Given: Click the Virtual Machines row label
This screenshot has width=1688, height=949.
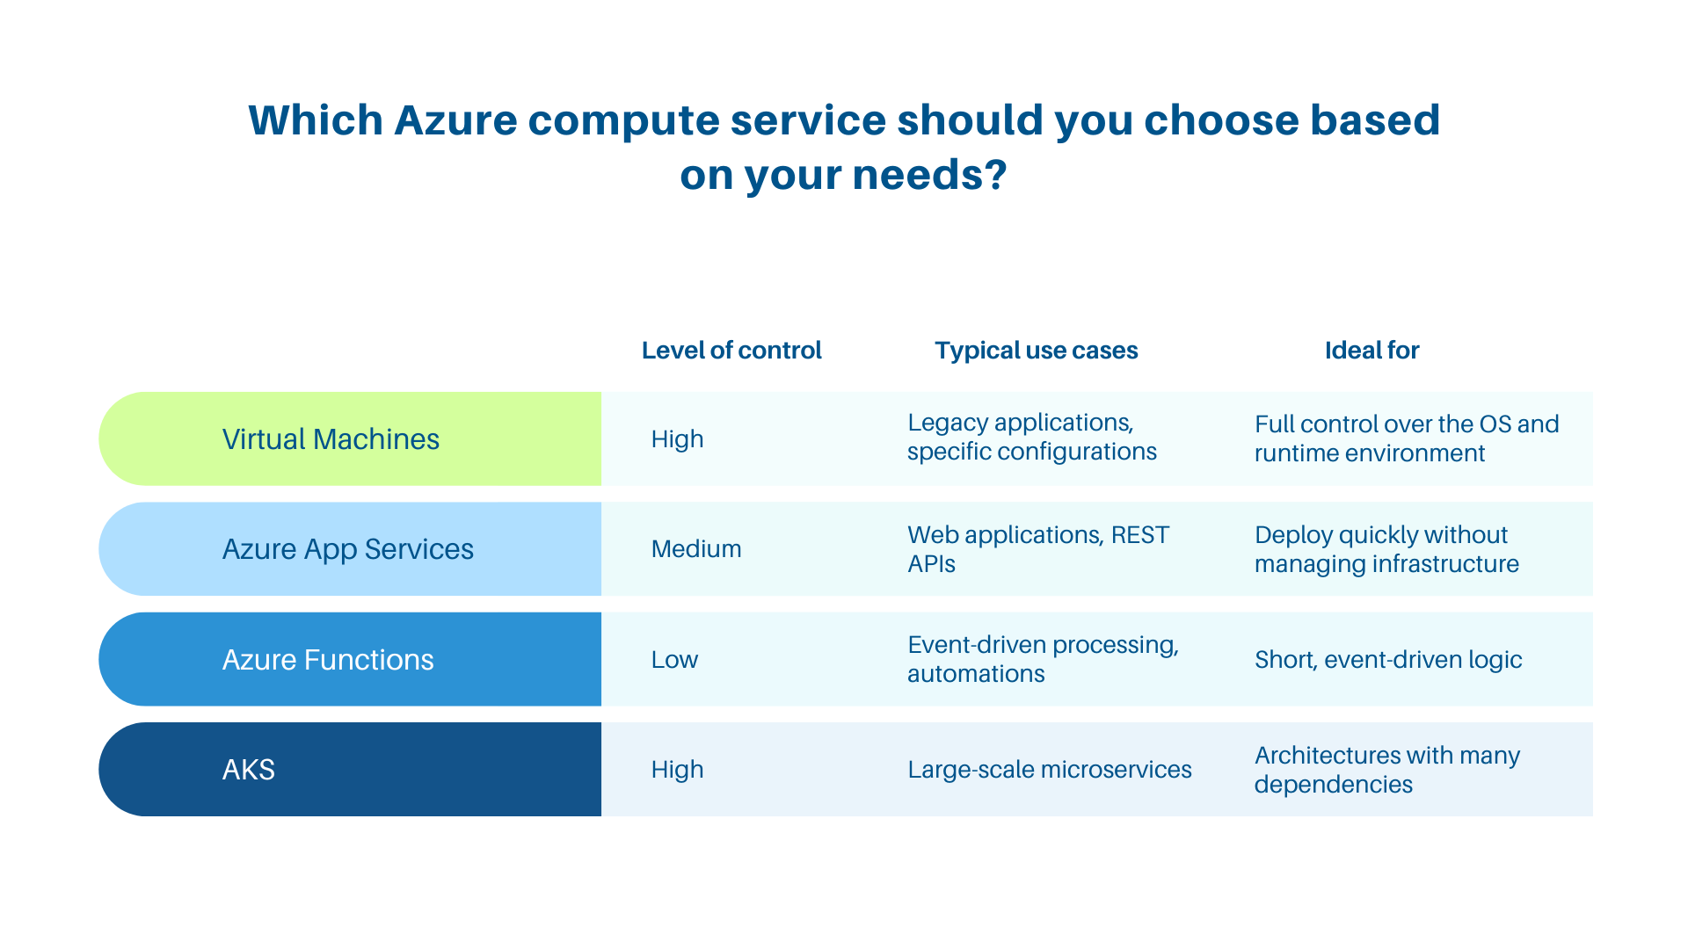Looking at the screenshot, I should pyautogui.click(x=331, y=438).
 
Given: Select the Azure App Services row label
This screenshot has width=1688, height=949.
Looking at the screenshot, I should pyautogui.click(x=347, y=549).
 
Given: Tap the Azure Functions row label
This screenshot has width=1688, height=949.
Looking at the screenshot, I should pyautogui.click(x=328, y=660).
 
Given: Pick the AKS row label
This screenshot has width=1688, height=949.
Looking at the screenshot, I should pyautogui.click(x=249, y=770).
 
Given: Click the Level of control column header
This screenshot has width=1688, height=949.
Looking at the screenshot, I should pyautogui.click(x=731, y=351).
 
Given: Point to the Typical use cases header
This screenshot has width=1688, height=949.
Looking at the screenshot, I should pyautogui.click(x=1036, y=351).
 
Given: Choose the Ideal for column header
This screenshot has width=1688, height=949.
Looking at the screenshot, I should pyautogui.click(x=1371, y=351).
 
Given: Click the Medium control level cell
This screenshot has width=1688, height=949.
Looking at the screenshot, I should pyautogui.click(x=696, y=549).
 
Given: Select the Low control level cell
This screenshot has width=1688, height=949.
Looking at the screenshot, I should pyautogui.click(x=674, y=660).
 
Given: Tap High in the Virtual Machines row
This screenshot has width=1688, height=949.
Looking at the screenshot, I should pyautogui.click(x=677, y=438).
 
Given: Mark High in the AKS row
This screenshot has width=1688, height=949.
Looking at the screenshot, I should pyautogui.click(x=677, y=770).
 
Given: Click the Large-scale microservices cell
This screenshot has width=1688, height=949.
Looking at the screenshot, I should pyautogui.click(x=1049, y=770).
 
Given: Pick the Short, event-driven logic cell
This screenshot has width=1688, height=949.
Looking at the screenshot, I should pyautogui.click(x=1387, y=660).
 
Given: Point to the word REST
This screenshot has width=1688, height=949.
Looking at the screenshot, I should pyautogui.click(x=1140, y=535).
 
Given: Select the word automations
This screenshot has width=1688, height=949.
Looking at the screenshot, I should pyautogui.click(x=976, y=674).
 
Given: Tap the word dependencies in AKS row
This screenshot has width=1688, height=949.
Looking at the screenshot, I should pyautogui.click(x=1333, y=785).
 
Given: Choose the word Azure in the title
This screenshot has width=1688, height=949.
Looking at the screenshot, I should pyautogui.click(x=455, y=120).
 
